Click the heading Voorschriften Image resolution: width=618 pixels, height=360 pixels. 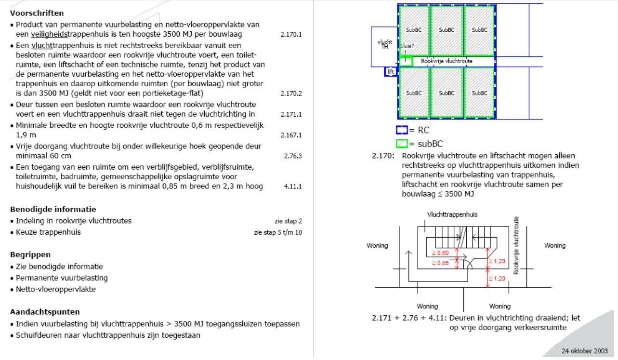(x=37, y=13)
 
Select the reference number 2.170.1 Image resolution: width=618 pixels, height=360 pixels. (x=291, y=35)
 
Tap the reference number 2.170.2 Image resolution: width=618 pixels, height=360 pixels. (x=291, y=93)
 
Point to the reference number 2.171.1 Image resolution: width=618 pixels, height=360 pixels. (x=291, y=114)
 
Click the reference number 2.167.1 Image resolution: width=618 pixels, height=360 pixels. (x=291, y=135)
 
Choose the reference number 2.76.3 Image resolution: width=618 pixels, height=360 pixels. (x=293, y=156)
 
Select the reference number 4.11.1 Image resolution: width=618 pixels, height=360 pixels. (x=293, y=187)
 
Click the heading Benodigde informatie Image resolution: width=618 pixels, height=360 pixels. (x=53, y=209)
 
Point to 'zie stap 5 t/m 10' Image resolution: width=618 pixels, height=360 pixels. (x=278, y=232)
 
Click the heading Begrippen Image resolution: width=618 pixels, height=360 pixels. (x=30, y=254)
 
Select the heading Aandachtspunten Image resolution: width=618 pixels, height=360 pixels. (x=45, y=312)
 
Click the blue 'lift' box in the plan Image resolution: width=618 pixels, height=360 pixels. (x=390, y=72)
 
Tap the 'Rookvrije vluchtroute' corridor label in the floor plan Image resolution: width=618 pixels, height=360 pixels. (x=447, y=61)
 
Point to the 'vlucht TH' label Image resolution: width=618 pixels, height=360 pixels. (x=385, y=43)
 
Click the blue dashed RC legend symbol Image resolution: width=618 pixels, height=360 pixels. (x=401, y=130)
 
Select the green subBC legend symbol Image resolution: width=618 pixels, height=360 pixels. (x=401, y=143)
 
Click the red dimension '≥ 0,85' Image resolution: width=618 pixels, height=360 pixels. (x=440, y=263)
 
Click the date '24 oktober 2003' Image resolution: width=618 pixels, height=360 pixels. (x=585, y=350)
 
